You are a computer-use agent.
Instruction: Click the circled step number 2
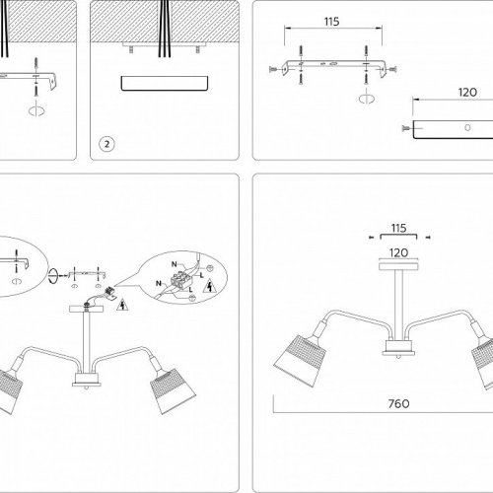(x=106, y=144)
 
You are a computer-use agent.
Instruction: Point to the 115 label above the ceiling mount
(x=399, y=226)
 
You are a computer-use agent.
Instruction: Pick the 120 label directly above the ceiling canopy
(x=399, y=251)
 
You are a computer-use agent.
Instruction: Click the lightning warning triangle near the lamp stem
(x=121, y=304)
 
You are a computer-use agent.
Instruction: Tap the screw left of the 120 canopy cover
(x=405, y=128)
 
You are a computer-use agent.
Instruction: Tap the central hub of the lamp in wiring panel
(x=87, y=381)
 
